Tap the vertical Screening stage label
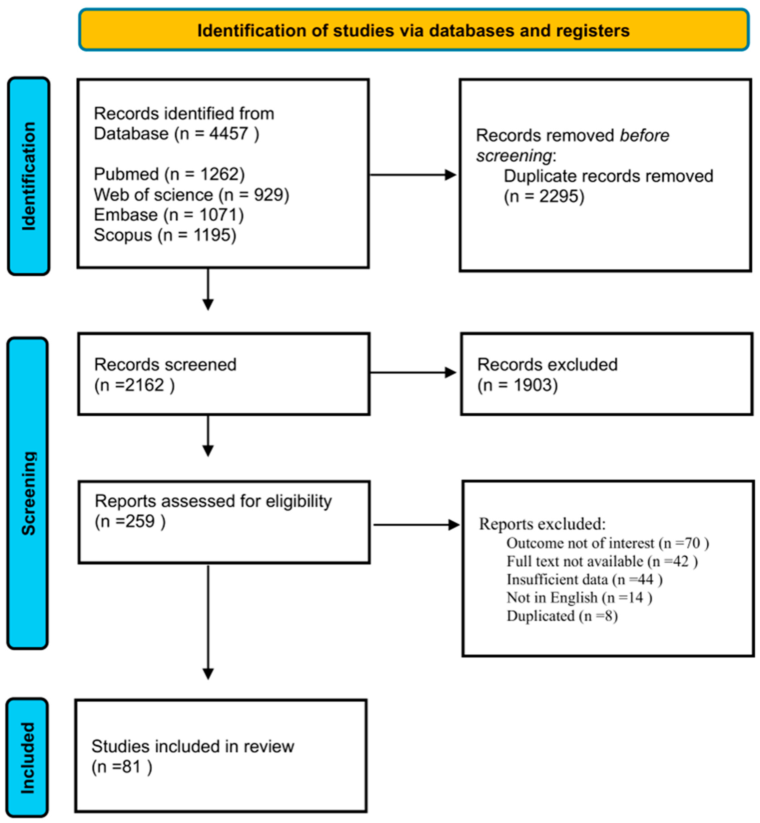click(x=28, y=493)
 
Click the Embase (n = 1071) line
click(x=169, y=214)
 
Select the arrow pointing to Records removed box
click(x=413, y=175)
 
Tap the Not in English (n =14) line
click(x=579, y=597)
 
